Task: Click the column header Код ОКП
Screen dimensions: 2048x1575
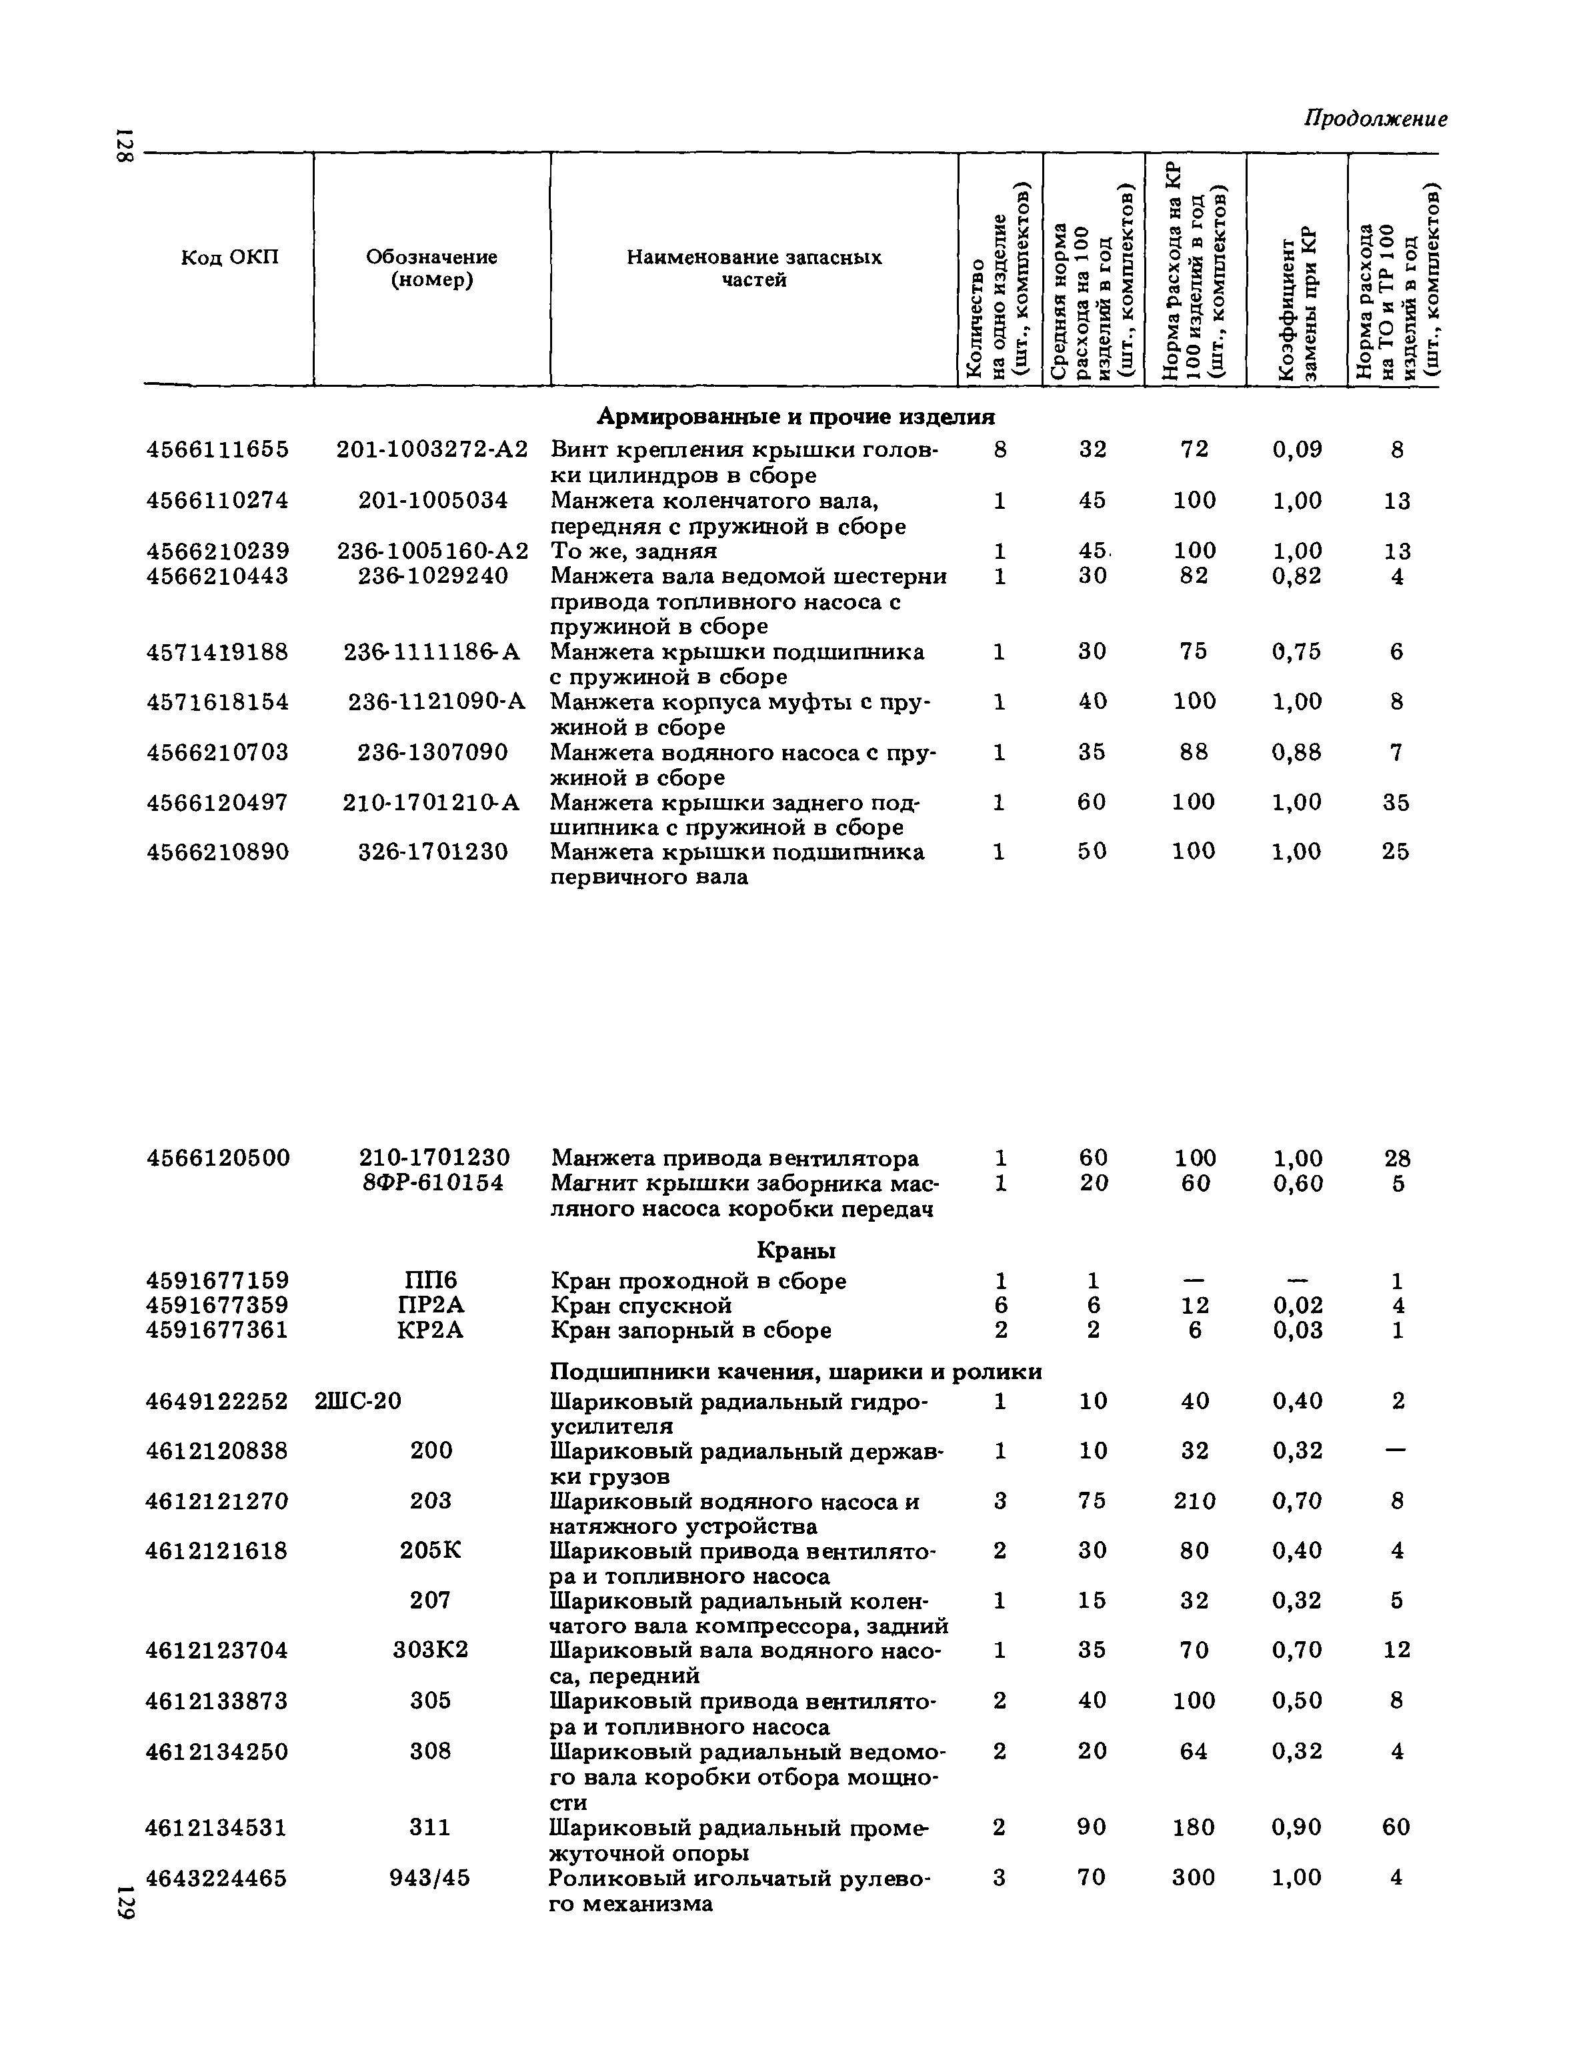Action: coord(229,257)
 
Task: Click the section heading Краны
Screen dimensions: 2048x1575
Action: coord(796,1251)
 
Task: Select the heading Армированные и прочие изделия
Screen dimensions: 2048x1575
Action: coord(796,415)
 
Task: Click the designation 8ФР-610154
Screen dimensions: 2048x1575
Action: coord(433,1184)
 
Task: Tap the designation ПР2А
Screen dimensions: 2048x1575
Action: coord(431,1305)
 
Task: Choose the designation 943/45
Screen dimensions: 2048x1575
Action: coord(430,1878)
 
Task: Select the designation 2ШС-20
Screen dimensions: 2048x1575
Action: coord(358,1401)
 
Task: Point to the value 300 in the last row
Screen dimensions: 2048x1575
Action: coord(1194,1878)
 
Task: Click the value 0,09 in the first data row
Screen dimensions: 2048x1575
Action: coord(1296,450)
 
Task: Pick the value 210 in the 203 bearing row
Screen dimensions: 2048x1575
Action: coord(1194,1501)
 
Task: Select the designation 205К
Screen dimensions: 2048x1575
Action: coord(430,1551)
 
